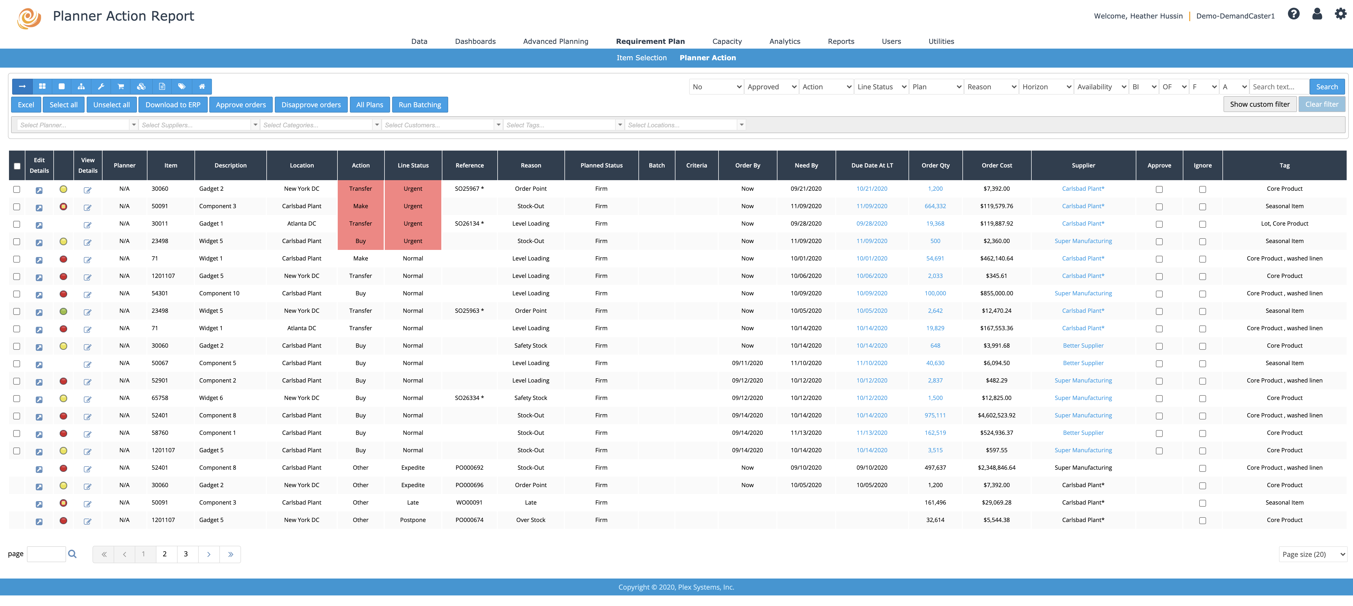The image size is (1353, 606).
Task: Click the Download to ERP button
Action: coord(173,105)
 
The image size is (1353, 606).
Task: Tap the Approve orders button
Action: coord(240,105)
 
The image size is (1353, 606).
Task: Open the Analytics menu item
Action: coord(784,41)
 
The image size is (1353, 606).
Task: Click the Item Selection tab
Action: coord(641,58)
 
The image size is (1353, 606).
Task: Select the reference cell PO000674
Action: coord(469,520)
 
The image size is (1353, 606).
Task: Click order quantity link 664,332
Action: coord(935,206)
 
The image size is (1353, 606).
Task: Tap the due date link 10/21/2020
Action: coord(871,189)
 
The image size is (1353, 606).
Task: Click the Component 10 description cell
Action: coord(219,293)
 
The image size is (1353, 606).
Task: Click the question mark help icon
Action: coord(1293,14)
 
